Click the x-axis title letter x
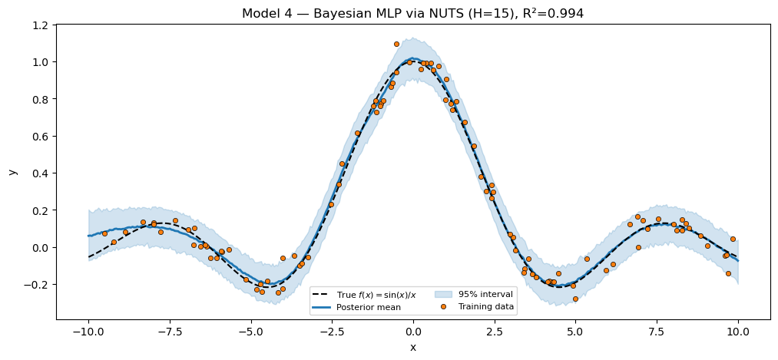(413, 348)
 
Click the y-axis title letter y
(13, 171)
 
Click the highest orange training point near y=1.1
(396, 45)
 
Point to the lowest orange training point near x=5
(575, 299)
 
